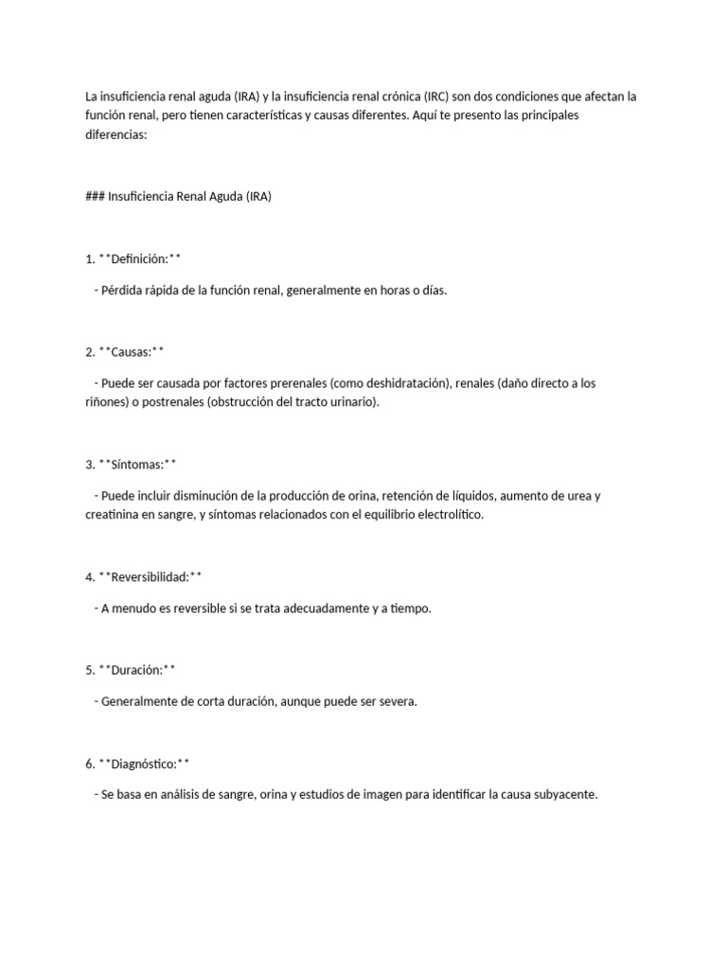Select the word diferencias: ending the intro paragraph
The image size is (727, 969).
pos(117,134)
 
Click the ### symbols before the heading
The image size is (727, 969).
pos(95,197)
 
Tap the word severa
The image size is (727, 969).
pos(396,701)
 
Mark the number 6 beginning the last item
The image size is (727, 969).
pos(89,763)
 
